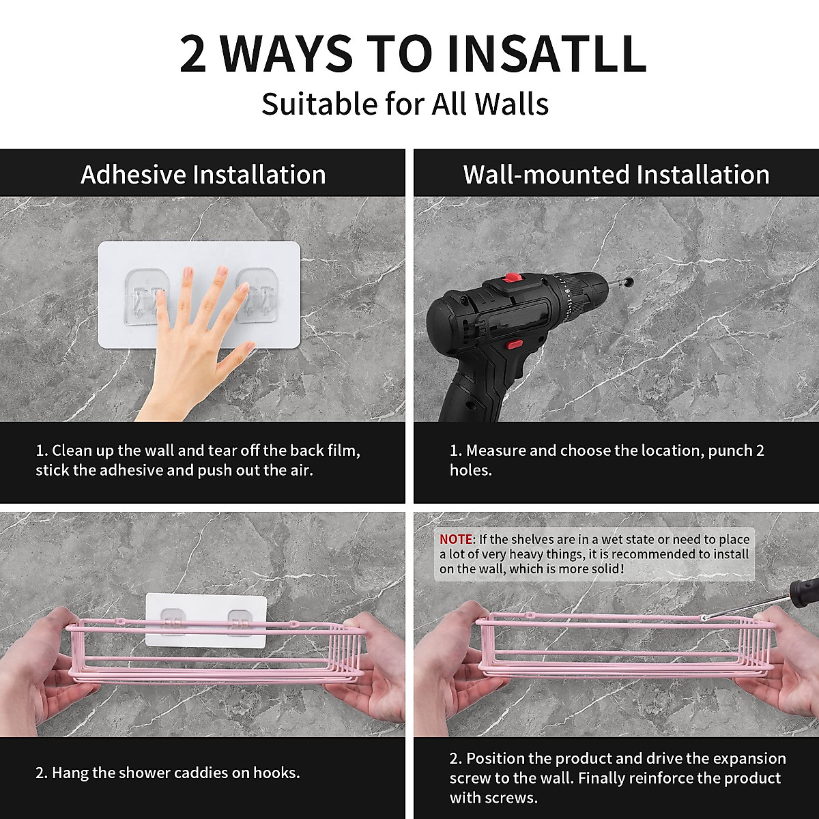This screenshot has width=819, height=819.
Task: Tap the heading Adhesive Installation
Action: coord(203,174)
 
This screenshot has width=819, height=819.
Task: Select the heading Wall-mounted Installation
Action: coord(616,174)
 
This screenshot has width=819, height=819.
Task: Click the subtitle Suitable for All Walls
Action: coord(405,104)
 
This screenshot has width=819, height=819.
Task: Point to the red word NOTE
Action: coord(456,539)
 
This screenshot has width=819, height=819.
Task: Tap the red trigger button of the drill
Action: coord(515,343)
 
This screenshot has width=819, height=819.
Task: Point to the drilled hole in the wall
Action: coord(629,281)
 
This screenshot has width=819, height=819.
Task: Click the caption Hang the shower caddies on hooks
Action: coord(167,772)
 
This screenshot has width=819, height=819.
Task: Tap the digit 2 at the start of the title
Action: coord(193,55)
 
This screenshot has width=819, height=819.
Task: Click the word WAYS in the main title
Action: coord(285,55)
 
